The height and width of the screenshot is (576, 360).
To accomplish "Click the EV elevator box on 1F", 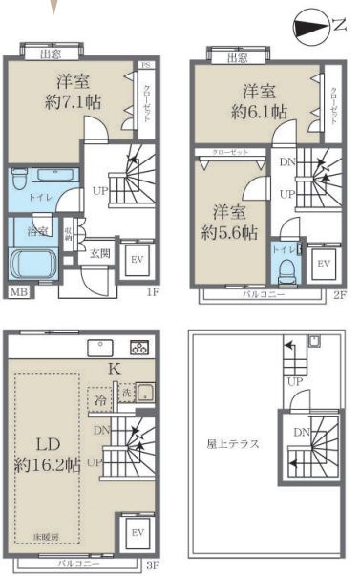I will [x=136, y=259].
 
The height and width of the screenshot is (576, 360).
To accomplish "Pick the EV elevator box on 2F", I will [x=323, y=263].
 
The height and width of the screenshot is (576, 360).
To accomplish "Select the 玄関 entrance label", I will [x=100, y=253].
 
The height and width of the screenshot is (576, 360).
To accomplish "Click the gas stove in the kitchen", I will [x=139, y=347].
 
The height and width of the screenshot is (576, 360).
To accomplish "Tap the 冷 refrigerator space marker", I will [x=100, y=399].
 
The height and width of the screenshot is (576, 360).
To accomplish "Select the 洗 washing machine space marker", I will [x=125, y=393].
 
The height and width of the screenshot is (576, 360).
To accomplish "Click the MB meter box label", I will [x=17, y=292].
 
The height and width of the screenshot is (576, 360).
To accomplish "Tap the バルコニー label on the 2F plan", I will [x=262, y=296].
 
